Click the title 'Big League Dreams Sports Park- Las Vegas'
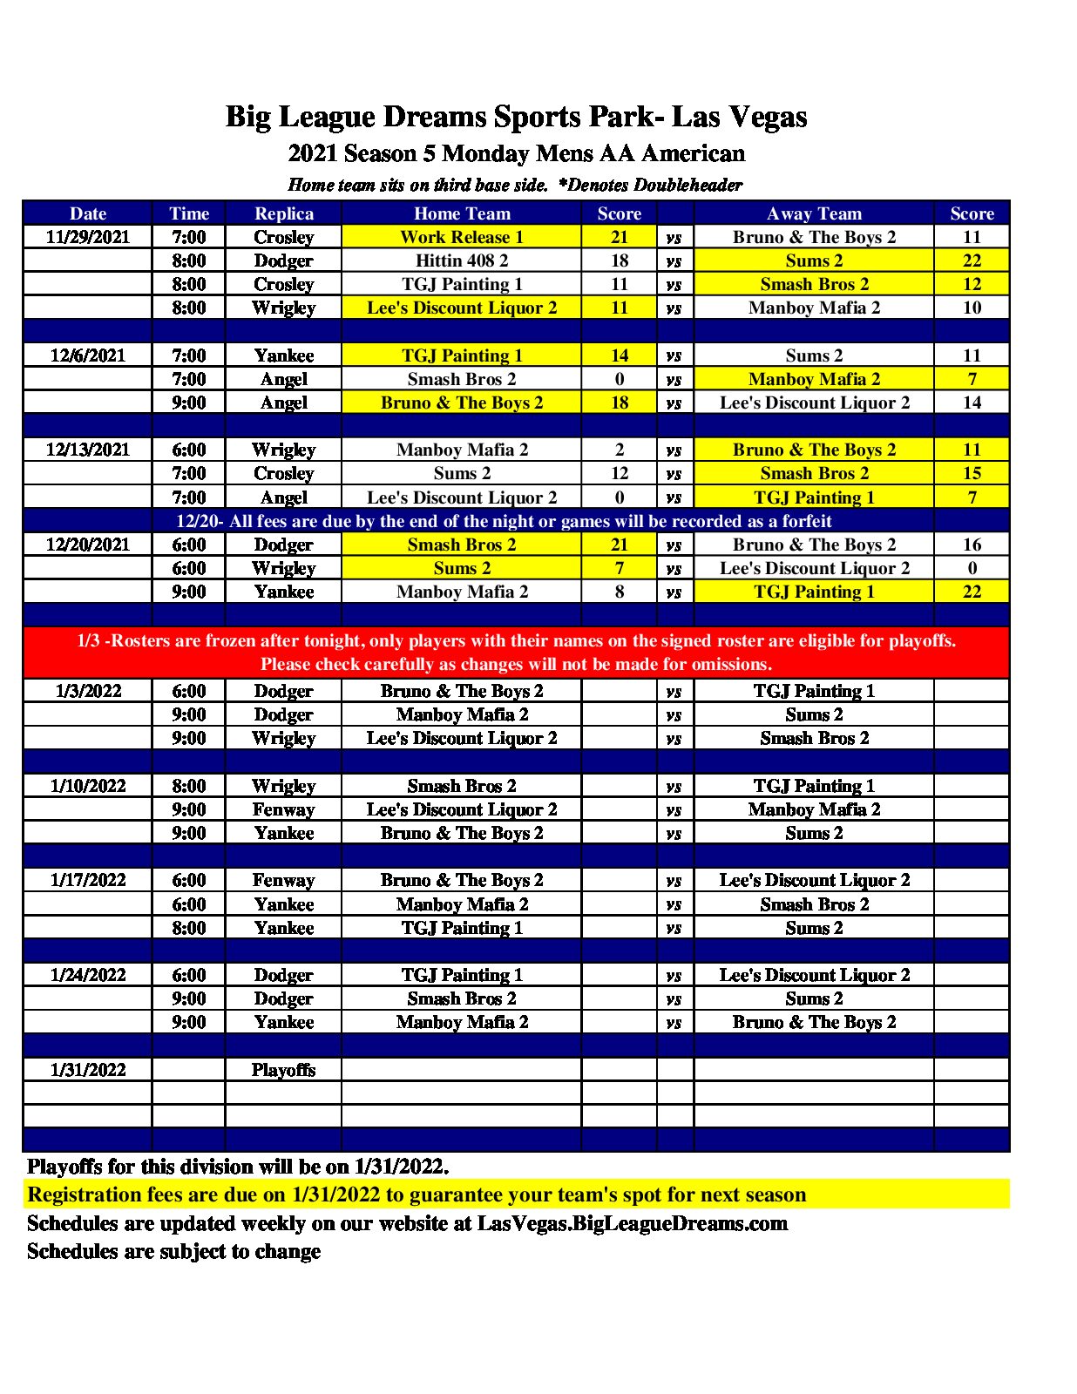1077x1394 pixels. point(516,117)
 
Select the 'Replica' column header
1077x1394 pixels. point(283,213)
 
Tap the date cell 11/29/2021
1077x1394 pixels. point(87,237)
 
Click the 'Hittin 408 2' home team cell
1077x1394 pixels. point(461,261)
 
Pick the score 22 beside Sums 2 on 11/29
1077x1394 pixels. point(971,261)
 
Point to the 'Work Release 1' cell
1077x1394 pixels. point(461,237)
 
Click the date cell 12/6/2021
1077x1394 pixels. point(87,355)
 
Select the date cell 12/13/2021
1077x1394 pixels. point(87,450)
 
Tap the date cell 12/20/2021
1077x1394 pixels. point(87,545)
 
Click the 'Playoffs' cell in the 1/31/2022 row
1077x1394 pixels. point(283,1070)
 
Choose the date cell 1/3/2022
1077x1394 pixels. point(87,691)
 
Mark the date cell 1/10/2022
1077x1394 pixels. point(87,786)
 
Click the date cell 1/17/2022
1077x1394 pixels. point(87,880)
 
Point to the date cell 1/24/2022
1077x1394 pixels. point(87,975)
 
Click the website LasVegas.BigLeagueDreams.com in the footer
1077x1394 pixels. point(632,1223)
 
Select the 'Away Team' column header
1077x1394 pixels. point(814,213)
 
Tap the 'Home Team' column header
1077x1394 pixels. point(461,213)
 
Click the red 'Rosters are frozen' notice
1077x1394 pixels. point(516,652)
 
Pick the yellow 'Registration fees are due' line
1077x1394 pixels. point(417,1194)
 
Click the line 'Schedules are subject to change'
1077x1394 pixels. point(173,1251)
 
